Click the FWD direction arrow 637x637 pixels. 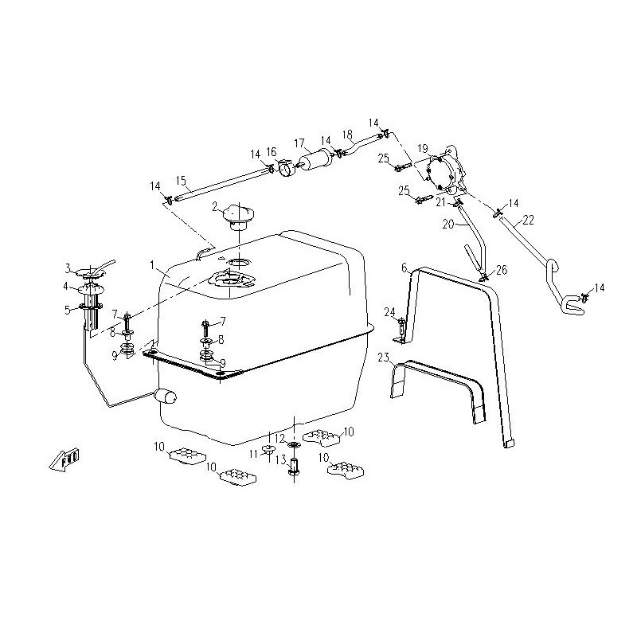tap(64, 461)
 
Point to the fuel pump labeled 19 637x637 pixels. tap(445, 172)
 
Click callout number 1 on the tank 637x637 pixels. tap(150, 264)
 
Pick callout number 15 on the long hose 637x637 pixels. tap(180, 179)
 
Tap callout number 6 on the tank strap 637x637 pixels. tap(404, 268)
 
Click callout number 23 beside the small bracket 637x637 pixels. tap(383, 356)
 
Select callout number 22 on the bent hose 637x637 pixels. tap(528, 218)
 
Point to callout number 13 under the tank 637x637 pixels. tap(280, 459)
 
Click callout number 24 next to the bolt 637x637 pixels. tap(390, 311)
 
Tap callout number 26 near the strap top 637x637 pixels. tap(501, 269)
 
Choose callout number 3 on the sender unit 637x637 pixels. tap(68, 268)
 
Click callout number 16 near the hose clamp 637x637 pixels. tap(272, 151)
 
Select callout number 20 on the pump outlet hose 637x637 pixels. tap(448, 225)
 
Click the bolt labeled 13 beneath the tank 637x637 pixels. tap(294, 467)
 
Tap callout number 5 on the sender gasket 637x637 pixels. tap(68, 310)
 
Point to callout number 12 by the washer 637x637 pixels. tap(279, 439)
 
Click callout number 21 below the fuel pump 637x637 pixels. tap(440, 202)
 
